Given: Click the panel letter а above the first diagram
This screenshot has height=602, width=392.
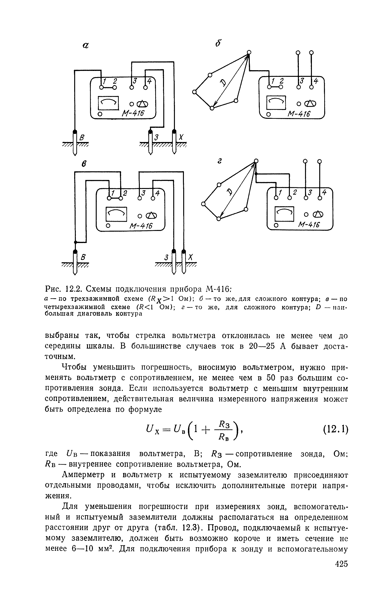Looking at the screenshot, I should (86, 45).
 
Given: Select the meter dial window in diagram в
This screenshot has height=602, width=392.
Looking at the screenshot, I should (116, 214).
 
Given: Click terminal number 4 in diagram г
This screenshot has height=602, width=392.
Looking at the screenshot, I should (324, 193).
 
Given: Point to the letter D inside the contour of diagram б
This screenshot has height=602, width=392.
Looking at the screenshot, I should (223, 82).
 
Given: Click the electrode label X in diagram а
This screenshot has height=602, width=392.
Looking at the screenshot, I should (181, 137).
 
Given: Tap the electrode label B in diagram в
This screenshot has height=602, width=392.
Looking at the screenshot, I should (83, 257).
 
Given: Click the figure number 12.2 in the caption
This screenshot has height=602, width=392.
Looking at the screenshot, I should (73, 289).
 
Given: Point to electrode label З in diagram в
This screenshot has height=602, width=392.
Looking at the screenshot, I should (166, 257).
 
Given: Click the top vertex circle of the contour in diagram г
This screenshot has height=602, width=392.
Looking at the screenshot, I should (256, 161).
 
